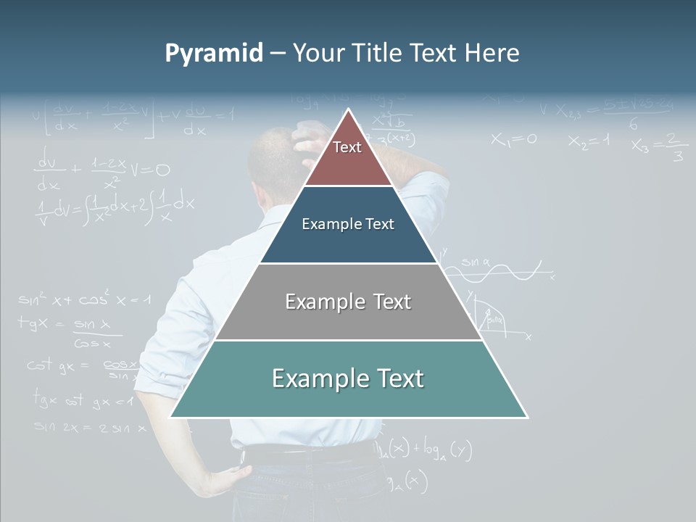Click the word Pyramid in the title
tap(214, 54)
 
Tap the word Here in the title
tap(492, 54)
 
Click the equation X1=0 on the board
tap(513, 139)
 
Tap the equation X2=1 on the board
tap(589, 141)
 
